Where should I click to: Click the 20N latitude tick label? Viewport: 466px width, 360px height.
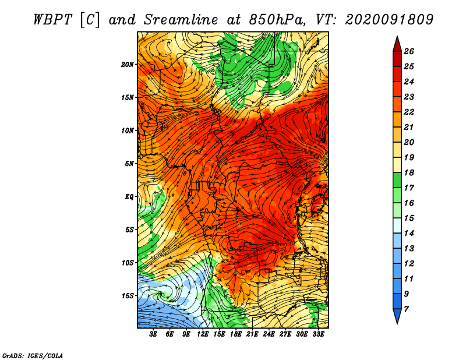(127, 65)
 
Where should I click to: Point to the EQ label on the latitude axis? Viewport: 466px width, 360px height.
(129, 197)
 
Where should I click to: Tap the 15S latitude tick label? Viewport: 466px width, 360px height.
(127, 296)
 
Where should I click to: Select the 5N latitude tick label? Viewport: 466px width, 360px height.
(129, 164)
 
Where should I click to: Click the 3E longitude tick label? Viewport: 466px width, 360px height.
(153, 334)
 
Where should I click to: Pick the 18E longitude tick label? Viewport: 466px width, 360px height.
(235, 334)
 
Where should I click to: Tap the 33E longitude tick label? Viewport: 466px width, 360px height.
(318, 334)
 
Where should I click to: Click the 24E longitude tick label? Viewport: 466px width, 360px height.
(269, 334)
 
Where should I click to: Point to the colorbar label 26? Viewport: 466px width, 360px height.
(409, 51)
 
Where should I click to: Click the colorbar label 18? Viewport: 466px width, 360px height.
(409, 172)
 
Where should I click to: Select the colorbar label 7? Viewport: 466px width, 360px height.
(406, 309)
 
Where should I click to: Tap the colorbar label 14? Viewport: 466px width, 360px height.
(409, 234)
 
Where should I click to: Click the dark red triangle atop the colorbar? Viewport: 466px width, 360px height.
(397, 45)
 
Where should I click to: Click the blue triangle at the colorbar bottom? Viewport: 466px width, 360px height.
(397, 315)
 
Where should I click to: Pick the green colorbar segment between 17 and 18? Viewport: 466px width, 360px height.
(397, 180)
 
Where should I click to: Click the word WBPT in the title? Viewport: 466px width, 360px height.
(52, 20)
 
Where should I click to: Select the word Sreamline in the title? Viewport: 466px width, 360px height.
(181, 20)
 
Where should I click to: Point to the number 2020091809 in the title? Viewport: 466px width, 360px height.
(389, 20)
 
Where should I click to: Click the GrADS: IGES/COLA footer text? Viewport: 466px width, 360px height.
(33, 355)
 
